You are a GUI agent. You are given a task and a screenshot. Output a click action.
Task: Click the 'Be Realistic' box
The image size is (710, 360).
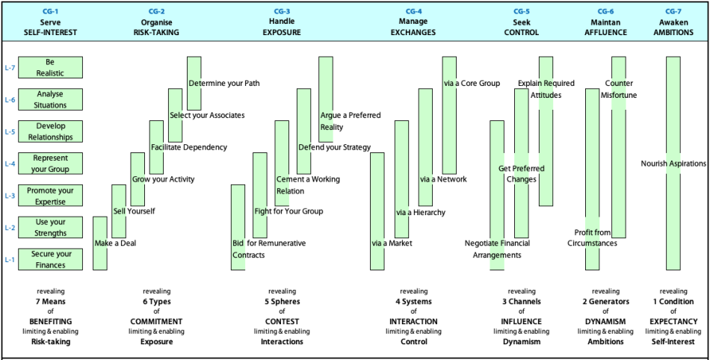50,67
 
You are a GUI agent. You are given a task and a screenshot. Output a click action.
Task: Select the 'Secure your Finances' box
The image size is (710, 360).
50,260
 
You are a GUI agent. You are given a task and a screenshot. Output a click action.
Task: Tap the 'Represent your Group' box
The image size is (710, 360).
50,164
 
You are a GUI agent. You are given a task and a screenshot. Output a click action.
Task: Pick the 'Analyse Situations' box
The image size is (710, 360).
50,99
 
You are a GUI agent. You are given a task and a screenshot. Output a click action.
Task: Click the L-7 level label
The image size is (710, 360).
10,68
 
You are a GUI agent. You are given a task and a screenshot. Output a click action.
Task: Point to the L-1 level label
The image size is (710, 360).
10,260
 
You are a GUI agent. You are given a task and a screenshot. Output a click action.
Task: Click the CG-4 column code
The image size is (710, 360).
413,11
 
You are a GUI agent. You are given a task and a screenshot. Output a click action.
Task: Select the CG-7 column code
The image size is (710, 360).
673,11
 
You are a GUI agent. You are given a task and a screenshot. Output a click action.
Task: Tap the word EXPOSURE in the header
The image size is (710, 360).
282,32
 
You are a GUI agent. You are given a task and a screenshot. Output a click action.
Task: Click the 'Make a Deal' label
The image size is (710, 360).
115,243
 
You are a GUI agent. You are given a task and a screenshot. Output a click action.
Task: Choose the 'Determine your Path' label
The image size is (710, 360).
224,83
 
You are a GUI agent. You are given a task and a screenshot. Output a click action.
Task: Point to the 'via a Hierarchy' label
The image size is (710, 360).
421,212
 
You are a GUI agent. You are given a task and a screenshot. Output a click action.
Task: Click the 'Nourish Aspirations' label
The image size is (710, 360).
673,164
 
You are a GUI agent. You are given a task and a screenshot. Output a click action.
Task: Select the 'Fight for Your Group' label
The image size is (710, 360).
288,211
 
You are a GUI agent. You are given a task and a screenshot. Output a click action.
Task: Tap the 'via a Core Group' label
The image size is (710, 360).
472,83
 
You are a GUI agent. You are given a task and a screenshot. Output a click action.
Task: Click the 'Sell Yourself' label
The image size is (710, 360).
134,211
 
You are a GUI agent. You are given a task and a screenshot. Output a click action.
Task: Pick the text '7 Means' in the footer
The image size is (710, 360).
50,301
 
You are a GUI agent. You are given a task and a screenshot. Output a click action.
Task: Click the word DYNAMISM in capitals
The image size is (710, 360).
605,322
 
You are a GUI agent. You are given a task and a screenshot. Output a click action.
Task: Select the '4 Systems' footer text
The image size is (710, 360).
413,301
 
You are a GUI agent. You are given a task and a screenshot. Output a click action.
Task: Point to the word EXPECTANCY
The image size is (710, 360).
673,322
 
